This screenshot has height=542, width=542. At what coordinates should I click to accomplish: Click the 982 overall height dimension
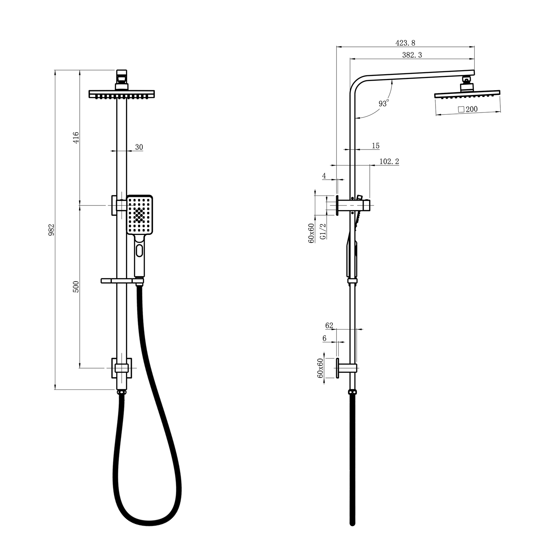pos(51,229)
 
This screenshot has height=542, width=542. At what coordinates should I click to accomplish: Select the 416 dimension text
pos(76,138)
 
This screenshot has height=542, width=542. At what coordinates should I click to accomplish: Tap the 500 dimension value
pos(76,287)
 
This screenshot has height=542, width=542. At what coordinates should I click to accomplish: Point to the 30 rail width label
pos(139,147)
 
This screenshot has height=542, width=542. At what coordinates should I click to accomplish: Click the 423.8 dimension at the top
pos(405,43)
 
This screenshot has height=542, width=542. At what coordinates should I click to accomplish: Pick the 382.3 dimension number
pos(412,55)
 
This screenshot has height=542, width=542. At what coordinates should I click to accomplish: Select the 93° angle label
pos(383,103)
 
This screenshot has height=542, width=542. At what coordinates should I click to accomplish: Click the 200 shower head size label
pos(468,109)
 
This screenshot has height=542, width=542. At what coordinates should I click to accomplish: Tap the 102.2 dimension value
pos(389,162)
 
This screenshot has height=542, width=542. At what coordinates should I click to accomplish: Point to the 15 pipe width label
pos(376,146)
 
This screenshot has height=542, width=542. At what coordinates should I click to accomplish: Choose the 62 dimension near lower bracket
pos(329,325)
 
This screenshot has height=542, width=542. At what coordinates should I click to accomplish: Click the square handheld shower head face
pos(139,215)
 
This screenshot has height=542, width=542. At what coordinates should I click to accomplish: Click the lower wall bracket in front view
pos(121,368)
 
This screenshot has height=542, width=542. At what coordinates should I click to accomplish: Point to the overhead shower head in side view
pos(467,94)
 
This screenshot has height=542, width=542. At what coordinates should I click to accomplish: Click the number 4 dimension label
pos(324,176)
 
